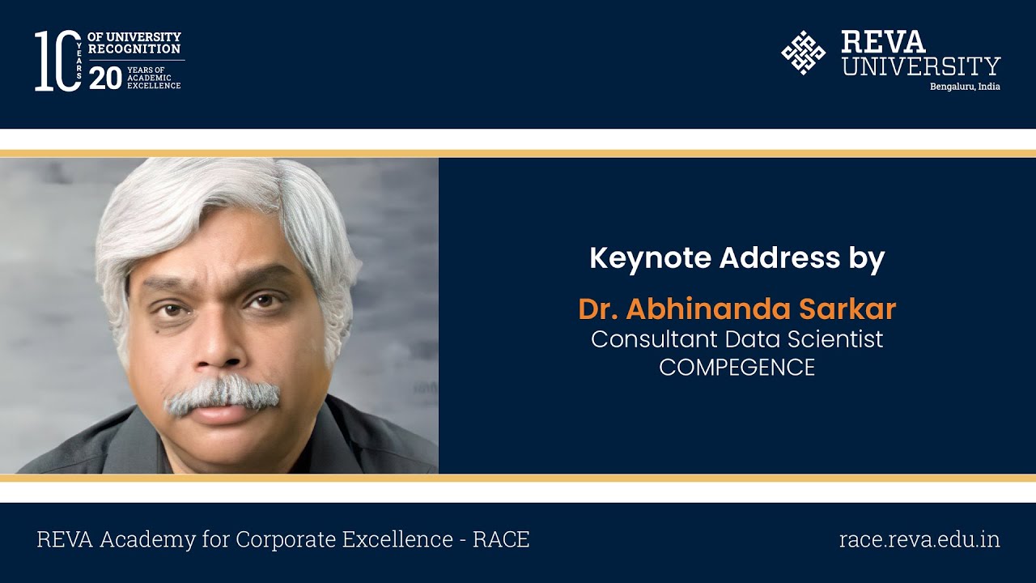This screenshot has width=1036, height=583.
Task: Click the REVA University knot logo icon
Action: click(803, 53)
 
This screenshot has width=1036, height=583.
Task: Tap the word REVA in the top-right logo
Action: click(883, 42)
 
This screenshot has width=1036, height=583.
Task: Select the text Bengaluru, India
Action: click(965, 87)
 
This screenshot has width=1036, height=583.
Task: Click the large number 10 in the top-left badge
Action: click(57, 61)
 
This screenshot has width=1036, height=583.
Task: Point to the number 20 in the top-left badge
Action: click(105, 78)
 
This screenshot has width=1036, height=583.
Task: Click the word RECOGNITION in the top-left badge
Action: click(134, 49)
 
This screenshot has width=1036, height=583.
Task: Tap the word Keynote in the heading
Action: click(650, 258)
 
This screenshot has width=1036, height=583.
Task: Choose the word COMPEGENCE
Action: click(737, 367)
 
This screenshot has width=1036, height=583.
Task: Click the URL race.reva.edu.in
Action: click(919, 539)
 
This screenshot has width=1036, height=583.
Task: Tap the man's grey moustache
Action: click(223, 394)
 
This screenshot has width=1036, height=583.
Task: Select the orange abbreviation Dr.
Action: click(597, 309)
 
